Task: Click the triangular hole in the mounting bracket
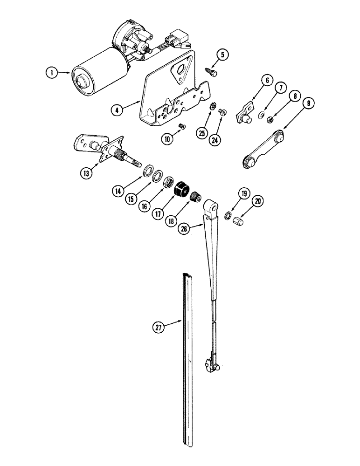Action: (180, 71)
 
